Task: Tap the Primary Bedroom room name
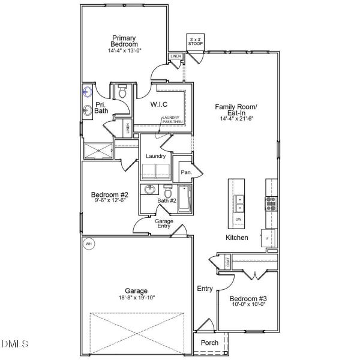click(124, 41)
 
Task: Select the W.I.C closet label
click(159, 104)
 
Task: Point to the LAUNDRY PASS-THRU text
click(174, 119)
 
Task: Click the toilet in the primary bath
click(122, 92)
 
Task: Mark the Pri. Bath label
click(101, 108)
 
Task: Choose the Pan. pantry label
click(186, 173)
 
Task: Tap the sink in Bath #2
click(150, 191)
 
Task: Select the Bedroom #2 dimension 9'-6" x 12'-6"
click(110, 200)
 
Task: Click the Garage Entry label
click(164, 223)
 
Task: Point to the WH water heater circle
click(89, 244)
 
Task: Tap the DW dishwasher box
click(239, 220)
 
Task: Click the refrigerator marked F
click(267, 238)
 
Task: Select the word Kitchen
click(236, 238)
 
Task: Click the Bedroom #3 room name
click(248, 299)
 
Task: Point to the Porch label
click(209, 343)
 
